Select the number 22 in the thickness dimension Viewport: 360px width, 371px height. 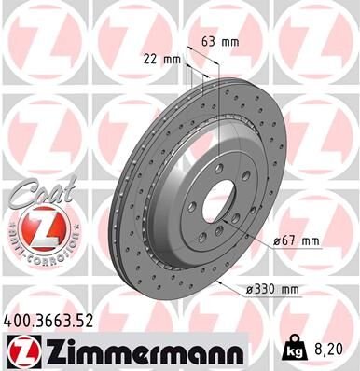tap(152, 59)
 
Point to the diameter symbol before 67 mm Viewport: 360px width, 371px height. tap(278, 242)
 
